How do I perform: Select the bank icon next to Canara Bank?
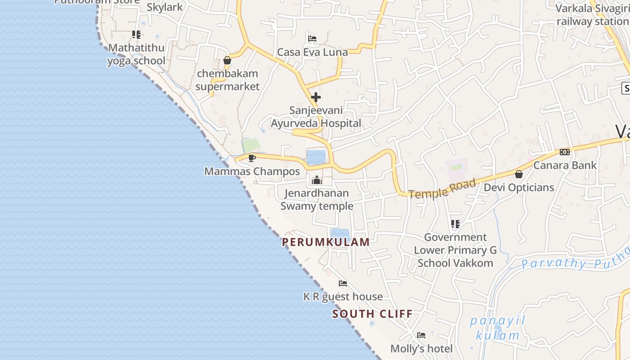point(565,152)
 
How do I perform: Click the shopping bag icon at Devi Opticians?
point(519,174)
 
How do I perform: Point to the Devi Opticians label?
point(519,187)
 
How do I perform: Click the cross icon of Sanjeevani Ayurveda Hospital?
point(316,97)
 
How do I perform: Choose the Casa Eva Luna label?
point(312,52)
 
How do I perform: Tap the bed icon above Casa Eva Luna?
point(312,39)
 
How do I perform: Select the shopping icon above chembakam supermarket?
point(227,60)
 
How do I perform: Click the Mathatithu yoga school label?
point(136,54)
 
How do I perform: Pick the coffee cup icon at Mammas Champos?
point(252,158)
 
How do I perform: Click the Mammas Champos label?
point(252,171)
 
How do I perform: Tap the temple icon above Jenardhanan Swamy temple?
point(317,180)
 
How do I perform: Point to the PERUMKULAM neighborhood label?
point(326,242)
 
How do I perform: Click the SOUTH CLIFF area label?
point(372,314)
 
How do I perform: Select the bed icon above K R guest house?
point(343,283)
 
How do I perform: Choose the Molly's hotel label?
point(421,348)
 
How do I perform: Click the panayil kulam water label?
point(498,328)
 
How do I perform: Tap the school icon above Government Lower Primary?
point(455,224)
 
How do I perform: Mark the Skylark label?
point(165,7)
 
